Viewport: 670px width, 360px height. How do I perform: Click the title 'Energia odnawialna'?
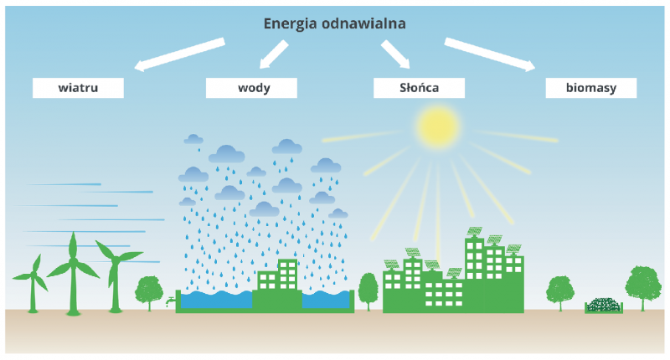point(334,24)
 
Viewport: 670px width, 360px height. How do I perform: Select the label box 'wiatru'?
point(78,88)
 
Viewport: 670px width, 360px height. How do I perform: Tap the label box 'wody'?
point(251,88)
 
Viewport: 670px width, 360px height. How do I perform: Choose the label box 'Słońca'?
point(420,88)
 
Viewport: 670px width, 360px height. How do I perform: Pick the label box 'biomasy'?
point(591,88)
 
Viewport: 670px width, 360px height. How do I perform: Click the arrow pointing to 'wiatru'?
point(179,54)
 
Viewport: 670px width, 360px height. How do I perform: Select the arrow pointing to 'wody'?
point(274,54)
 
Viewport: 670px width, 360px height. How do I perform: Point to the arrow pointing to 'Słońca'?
point(395,54)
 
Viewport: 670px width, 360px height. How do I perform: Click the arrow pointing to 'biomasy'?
point(490,54)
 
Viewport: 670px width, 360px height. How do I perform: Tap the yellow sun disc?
point(438,126)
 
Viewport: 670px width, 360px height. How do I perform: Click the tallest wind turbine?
point(73,273)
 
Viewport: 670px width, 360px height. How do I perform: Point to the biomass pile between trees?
point(604,306)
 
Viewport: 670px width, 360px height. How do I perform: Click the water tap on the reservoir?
point(171,301)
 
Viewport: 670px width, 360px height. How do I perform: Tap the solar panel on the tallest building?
point(474,231)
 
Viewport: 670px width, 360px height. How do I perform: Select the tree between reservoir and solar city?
point(368,291)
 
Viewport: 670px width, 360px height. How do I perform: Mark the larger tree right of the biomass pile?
point(643,287)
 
